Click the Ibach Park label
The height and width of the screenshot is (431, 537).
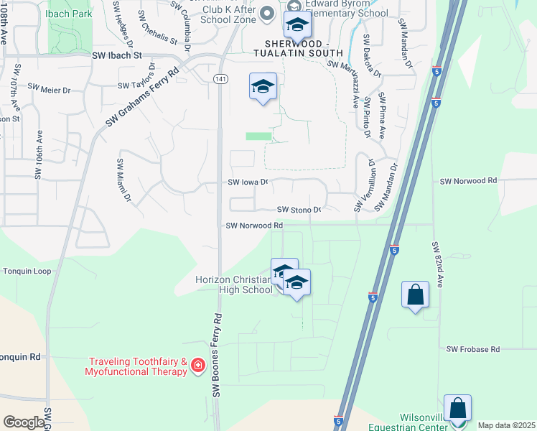[67, 14]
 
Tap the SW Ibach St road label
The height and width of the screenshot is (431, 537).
[118, 55]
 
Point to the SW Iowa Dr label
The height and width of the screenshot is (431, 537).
[248, 182]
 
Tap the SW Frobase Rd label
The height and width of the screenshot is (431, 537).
[472, 349]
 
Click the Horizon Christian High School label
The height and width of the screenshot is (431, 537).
[233, 284]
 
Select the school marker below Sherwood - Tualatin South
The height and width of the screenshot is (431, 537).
[263, 88]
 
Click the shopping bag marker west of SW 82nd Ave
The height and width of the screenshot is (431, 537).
[416, 295]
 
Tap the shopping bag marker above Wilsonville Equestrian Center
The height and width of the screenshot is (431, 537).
[457, 408]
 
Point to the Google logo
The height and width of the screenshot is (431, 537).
[24, 422]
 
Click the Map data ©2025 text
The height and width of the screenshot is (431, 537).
[506, 425]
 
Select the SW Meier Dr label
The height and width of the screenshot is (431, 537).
[50, 91]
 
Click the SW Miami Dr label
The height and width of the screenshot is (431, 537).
[124, 180]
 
